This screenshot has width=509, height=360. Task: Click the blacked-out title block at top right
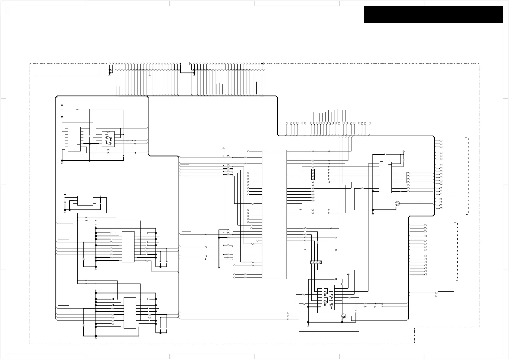(433, 15)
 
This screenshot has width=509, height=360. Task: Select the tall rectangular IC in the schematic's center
(274, 214)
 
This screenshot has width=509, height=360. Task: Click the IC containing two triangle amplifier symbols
(108, 139)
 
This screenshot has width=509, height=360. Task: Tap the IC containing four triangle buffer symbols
(328, 299)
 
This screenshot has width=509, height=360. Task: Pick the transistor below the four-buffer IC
(343, 316)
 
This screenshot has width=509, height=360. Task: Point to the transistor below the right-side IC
(398, 204)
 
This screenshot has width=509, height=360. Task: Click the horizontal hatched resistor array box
(316, 262)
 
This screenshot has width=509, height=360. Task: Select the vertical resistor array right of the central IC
(313, 175)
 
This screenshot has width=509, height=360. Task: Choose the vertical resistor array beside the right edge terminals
(408, 177)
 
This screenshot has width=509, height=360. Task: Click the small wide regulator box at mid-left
(85, 201)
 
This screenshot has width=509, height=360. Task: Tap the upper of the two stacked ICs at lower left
(128, 247)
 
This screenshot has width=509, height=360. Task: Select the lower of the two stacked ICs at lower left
(130, 313)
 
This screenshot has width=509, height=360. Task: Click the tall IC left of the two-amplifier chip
(74, 139)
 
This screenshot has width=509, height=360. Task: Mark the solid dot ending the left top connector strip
(181, 63)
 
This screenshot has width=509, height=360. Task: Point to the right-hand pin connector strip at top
(227, 63)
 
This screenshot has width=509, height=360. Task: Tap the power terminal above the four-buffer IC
(349, 274)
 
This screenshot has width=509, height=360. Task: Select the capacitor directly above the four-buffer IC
(336, 279)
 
